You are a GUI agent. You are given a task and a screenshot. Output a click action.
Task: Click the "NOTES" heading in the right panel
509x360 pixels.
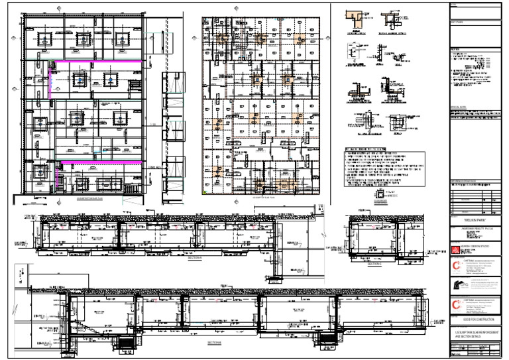(455, 49)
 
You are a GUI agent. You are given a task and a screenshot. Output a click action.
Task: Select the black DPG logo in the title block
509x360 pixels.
(456, 284)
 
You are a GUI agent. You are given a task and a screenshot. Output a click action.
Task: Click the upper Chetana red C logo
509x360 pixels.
(455, 265)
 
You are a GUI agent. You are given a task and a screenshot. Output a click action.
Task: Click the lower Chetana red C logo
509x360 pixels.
(455, 304)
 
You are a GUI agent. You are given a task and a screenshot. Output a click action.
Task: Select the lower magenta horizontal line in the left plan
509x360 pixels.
(99, 161)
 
